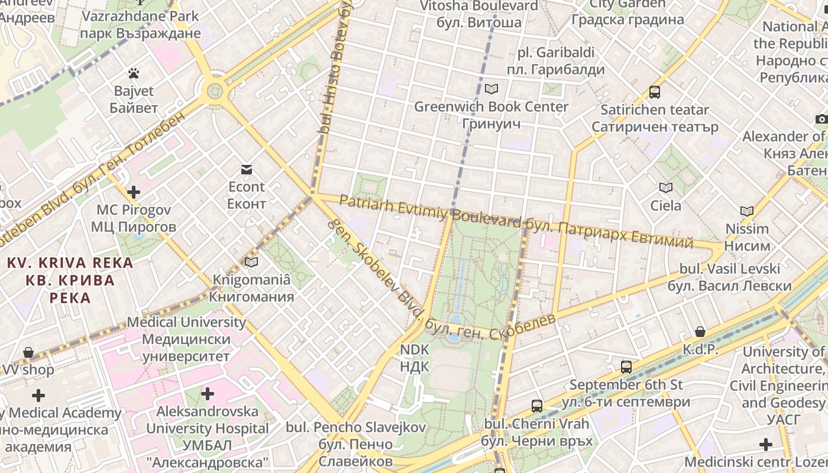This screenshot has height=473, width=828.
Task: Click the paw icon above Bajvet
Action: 134,74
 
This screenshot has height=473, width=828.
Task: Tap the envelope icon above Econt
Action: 247,170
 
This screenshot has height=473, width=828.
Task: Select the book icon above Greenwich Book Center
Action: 491,89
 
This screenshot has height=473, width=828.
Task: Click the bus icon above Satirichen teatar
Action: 655,92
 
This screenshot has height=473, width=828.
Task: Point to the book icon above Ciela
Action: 666,188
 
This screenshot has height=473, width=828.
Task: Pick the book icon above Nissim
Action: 747,211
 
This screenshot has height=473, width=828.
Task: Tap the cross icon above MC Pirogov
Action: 134,192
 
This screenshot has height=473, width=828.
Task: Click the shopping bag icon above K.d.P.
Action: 700,332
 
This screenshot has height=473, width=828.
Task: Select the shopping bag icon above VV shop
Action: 28,353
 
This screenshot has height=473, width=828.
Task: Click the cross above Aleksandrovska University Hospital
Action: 208,393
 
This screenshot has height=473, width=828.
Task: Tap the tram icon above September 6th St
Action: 626,367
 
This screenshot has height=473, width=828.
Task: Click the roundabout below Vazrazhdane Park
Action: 214,92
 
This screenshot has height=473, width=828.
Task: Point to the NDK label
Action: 414,358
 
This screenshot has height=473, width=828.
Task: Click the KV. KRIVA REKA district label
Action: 70,280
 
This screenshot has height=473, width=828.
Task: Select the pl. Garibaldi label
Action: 555,61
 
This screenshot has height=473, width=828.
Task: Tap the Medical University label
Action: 186,339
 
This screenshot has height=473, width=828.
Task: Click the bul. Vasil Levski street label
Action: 730,277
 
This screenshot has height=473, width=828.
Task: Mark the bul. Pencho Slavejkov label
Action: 355,443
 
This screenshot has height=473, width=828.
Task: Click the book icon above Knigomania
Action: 251,262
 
